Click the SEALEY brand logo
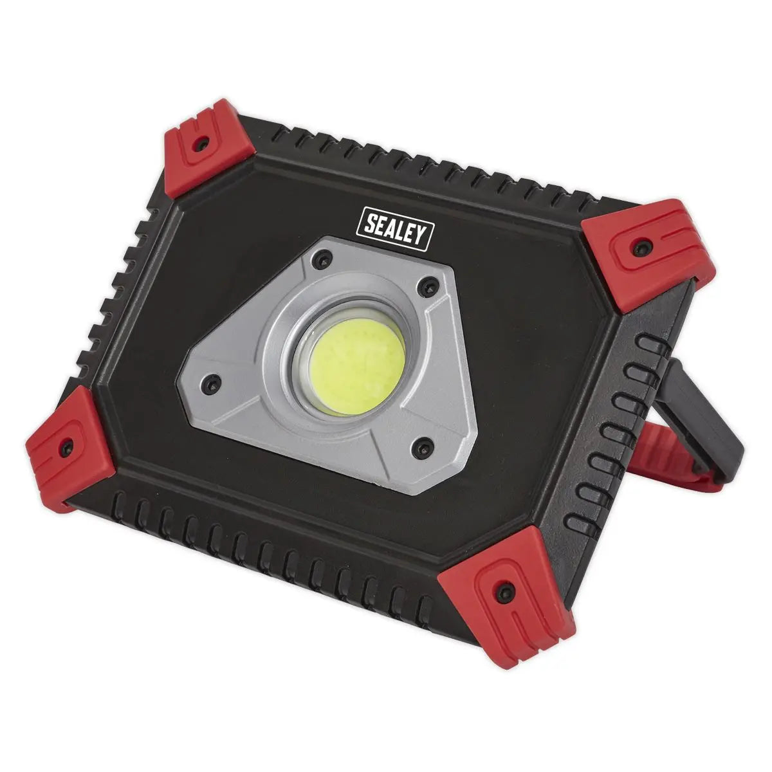click(x=395, y=226)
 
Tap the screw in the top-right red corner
click(x=640, y=246)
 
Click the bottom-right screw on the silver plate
click(x=421, y=445)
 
